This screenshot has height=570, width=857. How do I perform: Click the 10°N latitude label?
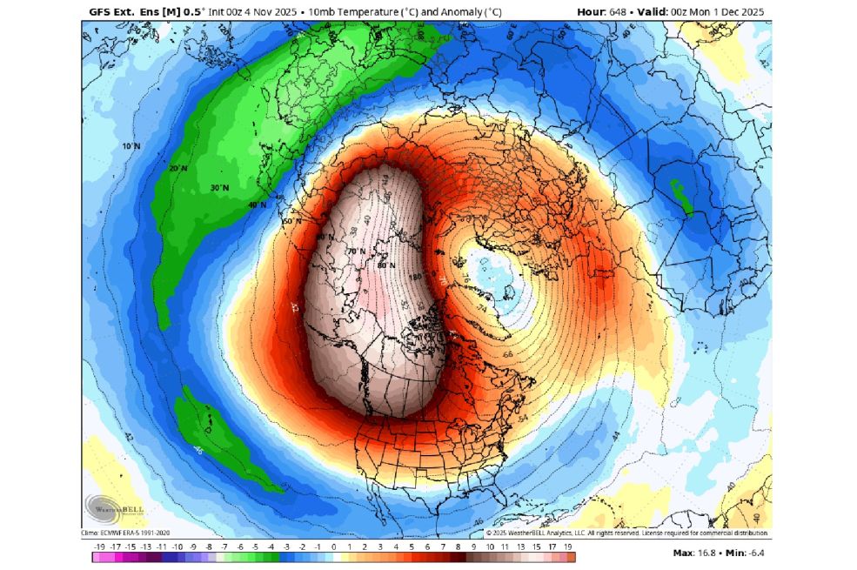131,146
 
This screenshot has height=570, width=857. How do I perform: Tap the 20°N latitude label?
178,168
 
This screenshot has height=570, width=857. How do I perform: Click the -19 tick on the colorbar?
100,547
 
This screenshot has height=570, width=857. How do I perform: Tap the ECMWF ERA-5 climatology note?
127,533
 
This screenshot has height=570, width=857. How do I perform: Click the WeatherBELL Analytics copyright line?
626,533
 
